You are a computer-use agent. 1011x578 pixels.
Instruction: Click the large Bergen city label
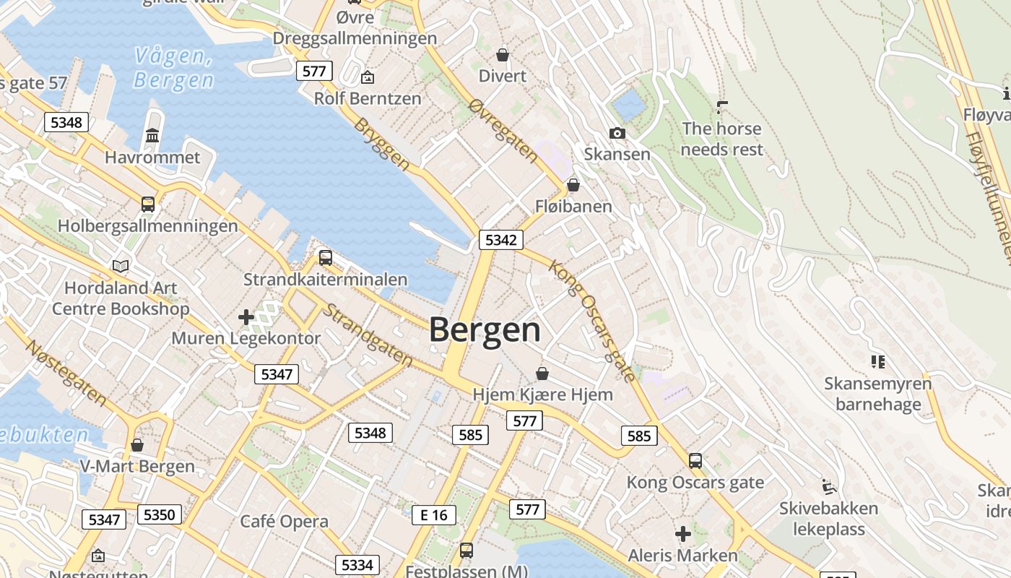pyautogui.click(x=485, y=330)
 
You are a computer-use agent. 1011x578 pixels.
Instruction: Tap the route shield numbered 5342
pyautogui.click(x=500, y=240)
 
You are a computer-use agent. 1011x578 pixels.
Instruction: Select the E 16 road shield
pyautogui.click(x=433, y=514)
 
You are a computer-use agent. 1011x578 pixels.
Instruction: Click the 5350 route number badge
pyautogui.click(x=160, y=514)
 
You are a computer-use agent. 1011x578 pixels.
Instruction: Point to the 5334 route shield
pyautogui.click(x=357, y=565)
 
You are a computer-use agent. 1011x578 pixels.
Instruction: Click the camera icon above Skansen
pyautogui.click(x=617, y=133)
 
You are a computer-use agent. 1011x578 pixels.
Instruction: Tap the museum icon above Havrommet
pyautogui.click(x=152, y=135)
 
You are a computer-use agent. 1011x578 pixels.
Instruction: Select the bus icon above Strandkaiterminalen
pyautogui.click(x=325, y=257)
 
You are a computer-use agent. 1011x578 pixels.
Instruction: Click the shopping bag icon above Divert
pyautogui.click(x=503, y=55)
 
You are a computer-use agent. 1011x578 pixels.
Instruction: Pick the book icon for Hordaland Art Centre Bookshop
pyautogui.click(x=121, y=266)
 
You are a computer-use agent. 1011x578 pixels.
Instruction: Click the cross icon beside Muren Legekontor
pyautogui.click(x=246, y=316)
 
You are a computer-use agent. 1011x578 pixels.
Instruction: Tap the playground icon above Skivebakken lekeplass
pyautogui.click(x=828, y=486)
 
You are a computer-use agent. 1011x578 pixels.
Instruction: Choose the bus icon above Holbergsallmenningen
pyautogui.click(x=148, y=204)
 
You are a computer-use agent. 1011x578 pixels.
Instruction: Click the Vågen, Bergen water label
pyautogui.click(x=173, y=68)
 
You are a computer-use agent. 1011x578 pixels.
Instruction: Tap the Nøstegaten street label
pyautogui.click(x=66, y=371)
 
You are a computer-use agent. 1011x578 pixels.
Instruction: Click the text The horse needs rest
pyautogui.click(x=721, y=139)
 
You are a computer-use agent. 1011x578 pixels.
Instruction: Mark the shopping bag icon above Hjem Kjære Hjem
pyautogui.click(x=542, y=374)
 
